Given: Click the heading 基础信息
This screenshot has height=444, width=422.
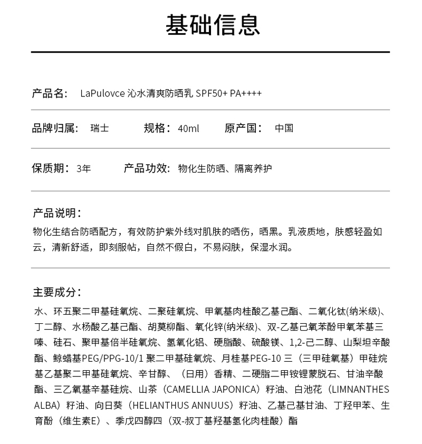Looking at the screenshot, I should (213, 25).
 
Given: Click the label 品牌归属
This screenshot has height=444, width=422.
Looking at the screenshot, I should (55, 129).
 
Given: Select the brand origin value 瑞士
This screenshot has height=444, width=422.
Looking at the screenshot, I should (100, 129).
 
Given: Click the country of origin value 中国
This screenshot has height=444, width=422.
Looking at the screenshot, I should (284, 129).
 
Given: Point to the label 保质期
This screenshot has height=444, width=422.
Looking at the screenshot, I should (50, 169).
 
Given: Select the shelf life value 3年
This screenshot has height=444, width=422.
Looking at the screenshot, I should (83, 169).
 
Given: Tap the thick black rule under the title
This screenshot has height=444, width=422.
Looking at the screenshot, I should (210, 52).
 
